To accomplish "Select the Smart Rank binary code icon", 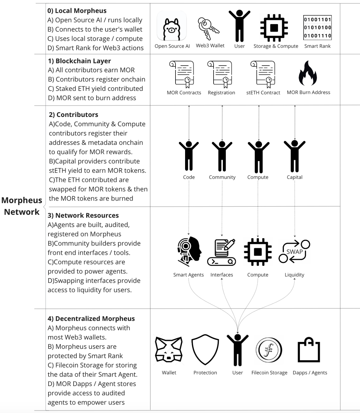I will coord(317,28).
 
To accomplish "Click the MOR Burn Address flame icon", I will coord(308,73).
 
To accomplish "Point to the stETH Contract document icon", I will coord(263,74).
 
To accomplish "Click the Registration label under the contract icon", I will coord(221,93).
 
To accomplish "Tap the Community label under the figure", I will coord(222,177).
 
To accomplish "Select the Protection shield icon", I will coord(205,349).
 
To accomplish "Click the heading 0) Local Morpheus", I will coord(77,11).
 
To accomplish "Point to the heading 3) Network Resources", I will coord(83,215).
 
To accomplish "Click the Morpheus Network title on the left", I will coord(22,206).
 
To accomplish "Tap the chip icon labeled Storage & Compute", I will coord(274,28).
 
